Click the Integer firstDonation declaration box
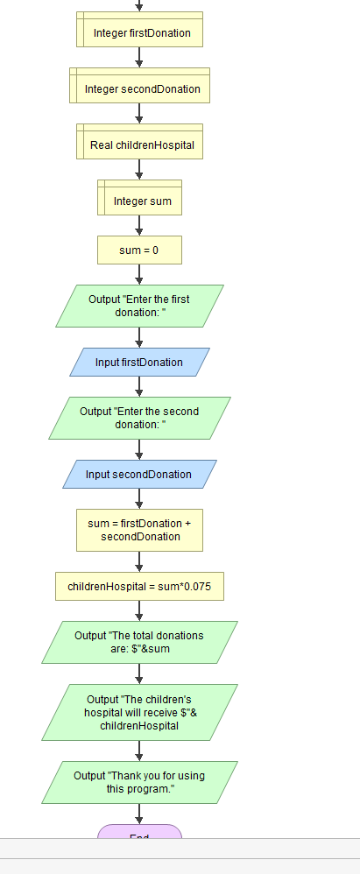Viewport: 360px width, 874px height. coord(139,33)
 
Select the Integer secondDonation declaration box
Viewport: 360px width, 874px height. coord(139,88)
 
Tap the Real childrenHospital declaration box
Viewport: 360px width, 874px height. coord(139,144)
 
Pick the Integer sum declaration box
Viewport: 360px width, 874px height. coord(139,201)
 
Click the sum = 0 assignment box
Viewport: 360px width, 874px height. coord(139,250)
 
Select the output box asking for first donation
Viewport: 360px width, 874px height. coord(139,306)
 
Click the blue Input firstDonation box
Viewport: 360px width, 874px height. coord(139,363)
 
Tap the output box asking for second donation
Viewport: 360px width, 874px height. coord(139,418)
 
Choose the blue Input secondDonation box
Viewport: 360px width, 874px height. coord(139,475)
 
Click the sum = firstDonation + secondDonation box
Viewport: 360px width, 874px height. coord(139,530)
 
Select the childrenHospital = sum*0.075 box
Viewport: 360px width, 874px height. coord(139,586)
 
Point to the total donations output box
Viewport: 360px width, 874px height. coord(139,642)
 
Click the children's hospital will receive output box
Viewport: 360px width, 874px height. coord(139,712)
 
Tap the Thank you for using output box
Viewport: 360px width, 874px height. coord(139,782)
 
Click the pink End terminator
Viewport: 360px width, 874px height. coord(139,834)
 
